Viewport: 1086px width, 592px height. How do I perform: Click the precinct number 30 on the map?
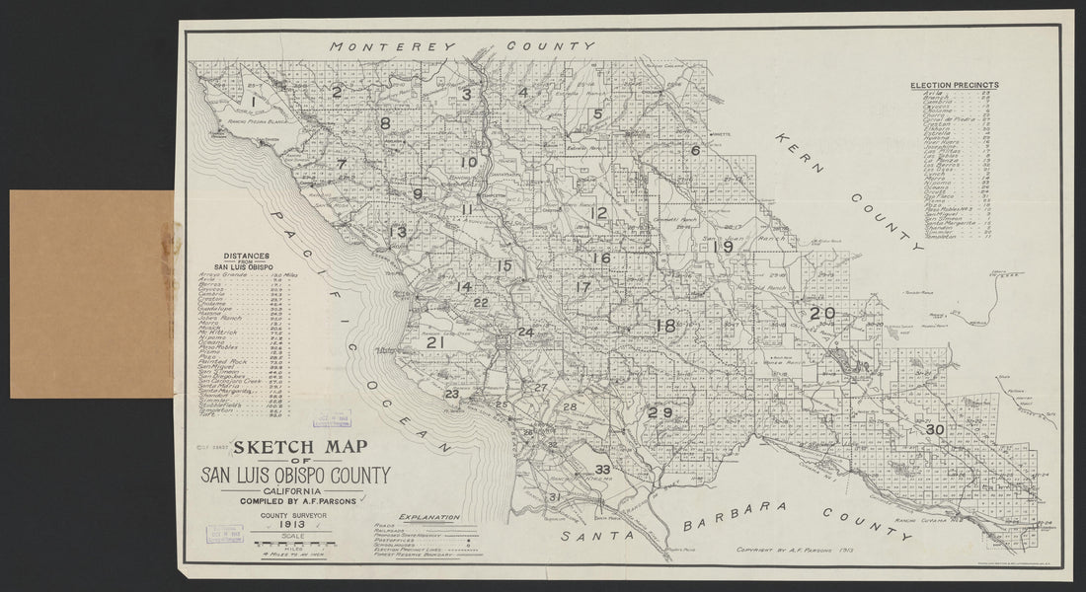[936, 430]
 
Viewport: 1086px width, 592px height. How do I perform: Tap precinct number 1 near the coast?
[254, 102]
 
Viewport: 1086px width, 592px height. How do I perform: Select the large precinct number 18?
[665, 327]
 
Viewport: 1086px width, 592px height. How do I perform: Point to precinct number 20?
[822, 314]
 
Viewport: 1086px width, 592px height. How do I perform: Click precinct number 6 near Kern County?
[695, 151]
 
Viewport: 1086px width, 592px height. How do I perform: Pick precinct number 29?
[659, 412]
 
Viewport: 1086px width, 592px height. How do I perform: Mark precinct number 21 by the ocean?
[434, 343]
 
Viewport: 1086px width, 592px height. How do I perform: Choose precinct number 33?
[602, 469]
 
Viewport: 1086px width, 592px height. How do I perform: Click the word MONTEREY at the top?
[391, 46]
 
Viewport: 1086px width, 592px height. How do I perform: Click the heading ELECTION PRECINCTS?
[954, 86]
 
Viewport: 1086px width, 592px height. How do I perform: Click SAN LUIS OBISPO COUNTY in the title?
[296, 476]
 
